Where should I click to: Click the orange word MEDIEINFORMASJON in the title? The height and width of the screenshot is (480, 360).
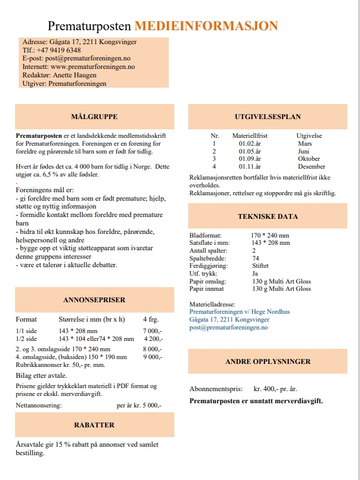click(206, 26)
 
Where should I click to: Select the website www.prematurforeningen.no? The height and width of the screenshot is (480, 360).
click(93, 67)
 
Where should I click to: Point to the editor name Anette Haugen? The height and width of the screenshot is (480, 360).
click(75, 76)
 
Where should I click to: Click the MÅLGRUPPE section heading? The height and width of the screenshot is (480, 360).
click(94, 117)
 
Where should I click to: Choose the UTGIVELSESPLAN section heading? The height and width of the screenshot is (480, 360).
click(267, 117)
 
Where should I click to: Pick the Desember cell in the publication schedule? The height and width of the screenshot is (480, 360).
click(312, 166)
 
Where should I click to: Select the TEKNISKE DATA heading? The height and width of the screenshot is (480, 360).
click(267, 216)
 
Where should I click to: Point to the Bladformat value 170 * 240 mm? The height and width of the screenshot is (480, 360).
click(270, 235)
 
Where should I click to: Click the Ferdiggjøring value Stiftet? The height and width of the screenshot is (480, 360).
click(261, 265)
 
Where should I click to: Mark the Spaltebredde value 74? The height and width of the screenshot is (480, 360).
click(255, 258)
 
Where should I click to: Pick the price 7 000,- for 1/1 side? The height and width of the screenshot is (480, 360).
click(152, 331)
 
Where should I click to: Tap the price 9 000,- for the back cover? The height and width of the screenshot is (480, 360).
click(152, 357)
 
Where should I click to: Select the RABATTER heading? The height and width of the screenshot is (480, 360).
click(94, 425)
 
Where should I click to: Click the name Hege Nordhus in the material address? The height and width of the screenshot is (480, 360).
click(258, 311)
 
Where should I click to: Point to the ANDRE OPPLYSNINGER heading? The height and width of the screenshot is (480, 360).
click(267, 362)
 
